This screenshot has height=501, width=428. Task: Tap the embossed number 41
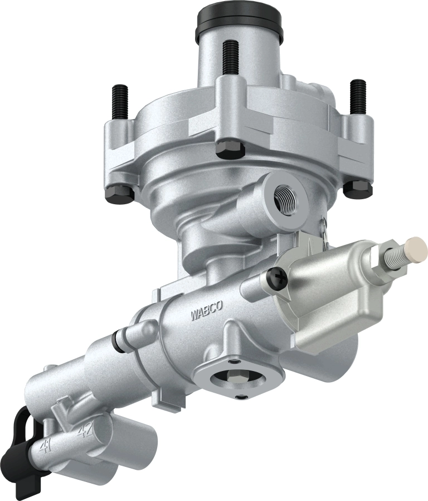[x=47, y=446]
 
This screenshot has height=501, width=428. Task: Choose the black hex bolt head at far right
[x=357, y=189]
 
